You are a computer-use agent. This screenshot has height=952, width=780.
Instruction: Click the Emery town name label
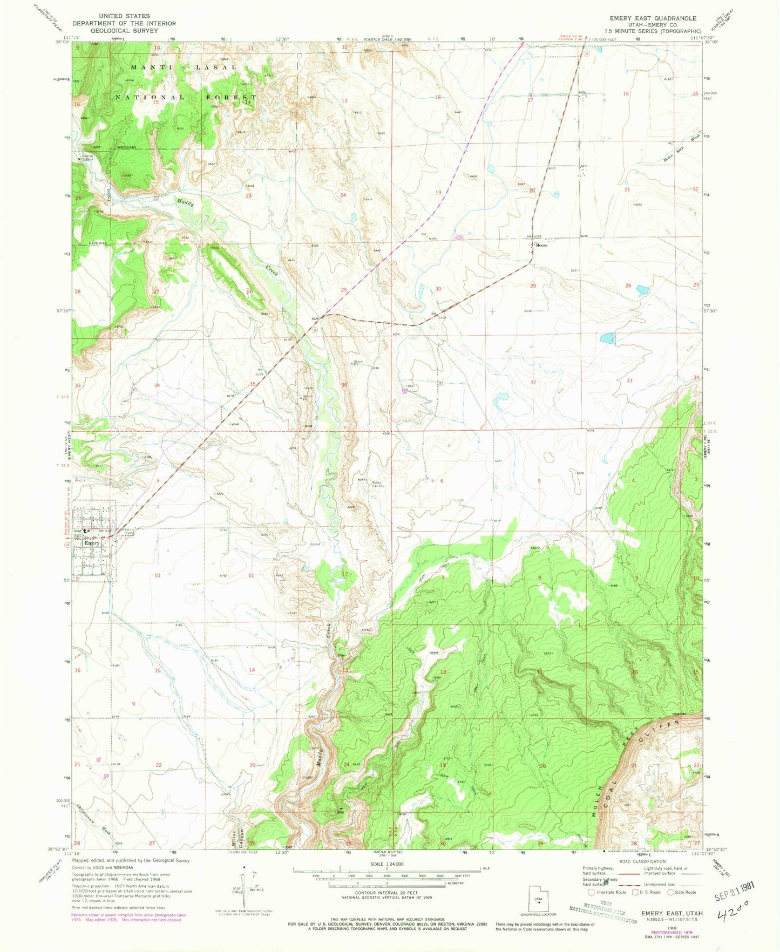[x=92, y=543]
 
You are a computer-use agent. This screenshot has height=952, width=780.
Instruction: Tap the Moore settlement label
[x=541, y=246]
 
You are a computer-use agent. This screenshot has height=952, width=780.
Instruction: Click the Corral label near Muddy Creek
[x=315, y=544]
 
